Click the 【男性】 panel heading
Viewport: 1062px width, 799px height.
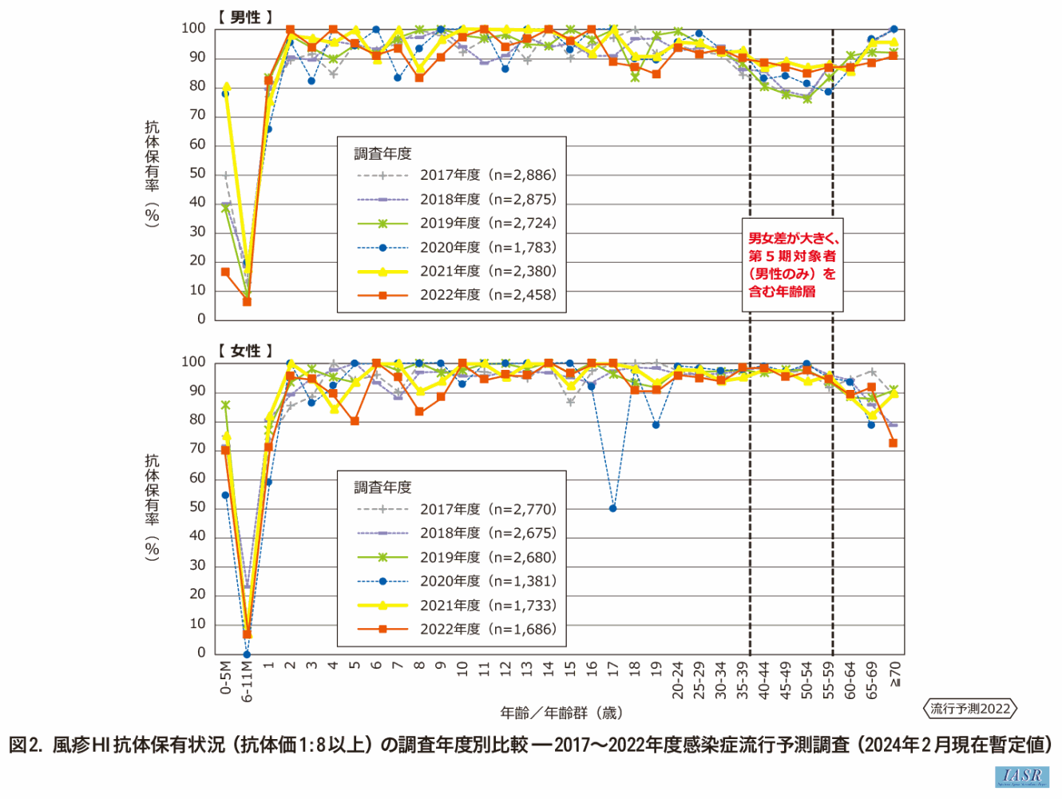pos(245,17)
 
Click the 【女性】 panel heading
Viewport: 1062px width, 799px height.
pos(245,351)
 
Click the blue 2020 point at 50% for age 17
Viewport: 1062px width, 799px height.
pos(612,508)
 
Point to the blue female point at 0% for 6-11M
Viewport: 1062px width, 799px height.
pos(247,654)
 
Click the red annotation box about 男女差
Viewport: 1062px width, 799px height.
pos(792,264)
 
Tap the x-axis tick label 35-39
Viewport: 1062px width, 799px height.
pos(743,680)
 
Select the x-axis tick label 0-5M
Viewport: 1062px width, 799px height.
pos(225,678)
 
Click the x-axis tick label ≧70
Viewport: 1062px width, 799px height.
pos(894,674)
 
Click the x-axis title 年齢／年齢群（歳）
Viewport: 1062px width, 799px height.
pos(561,713)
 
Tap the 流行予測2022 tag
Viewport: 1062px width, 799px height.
pos(970,709)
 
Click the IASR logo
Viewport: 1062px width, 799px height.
pos(1021,777)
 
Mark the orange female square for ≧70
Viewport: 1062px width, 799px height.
pos(893,443)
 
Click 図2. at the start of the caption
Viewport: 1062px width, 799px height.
pos(26,745)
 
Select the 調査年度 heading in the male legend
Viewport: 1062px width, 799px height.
pos(382,153)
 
